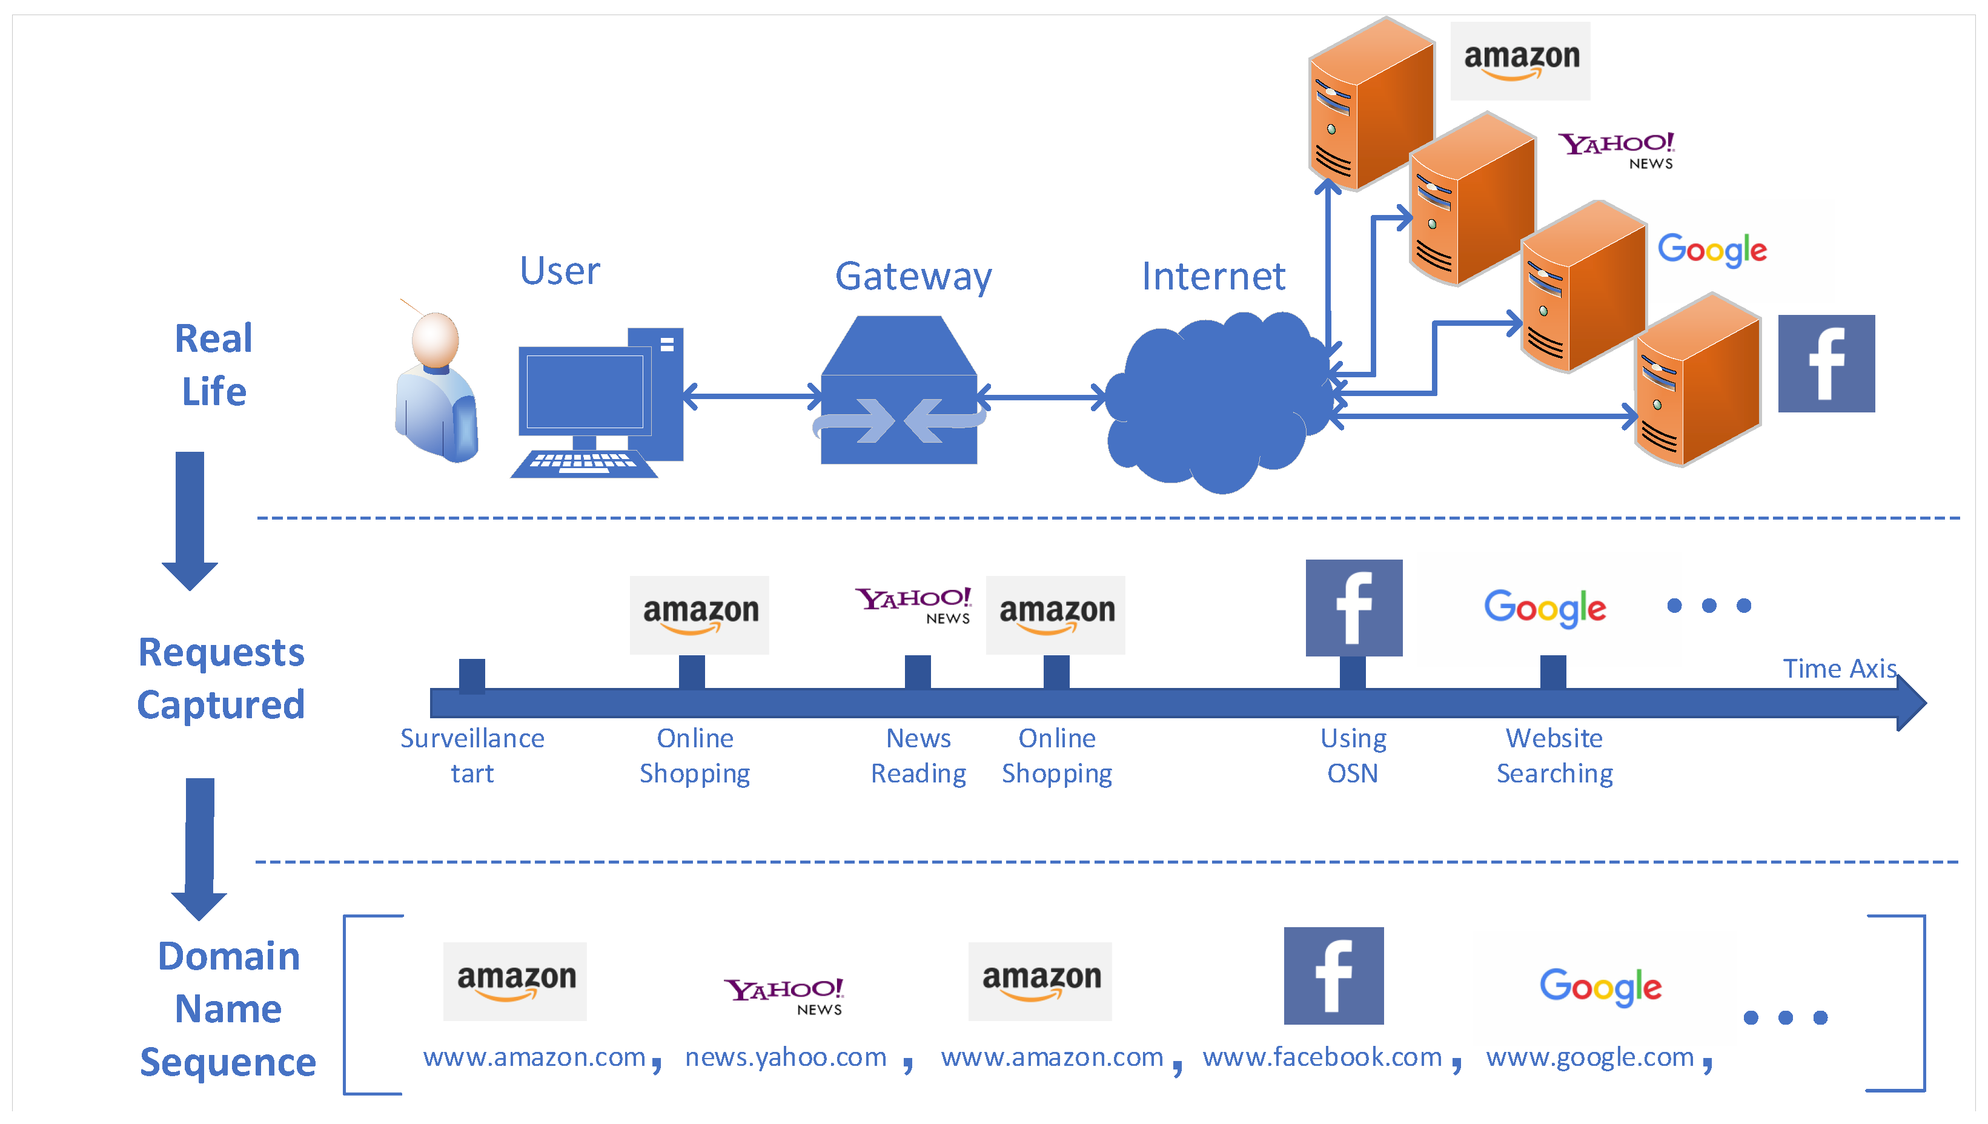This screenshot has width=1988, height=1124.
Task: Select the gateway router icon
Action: point(899,391)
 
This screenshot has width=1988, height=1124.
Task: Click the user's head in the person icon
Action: point(436,339)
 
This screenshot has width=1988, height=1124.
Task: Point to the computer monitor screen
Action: point(585,391)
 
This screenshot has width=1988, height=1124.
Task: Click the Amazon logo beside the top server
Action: point(1520,60)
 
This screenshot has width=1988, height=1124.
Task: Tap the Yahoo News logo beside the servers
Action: point(1617,150)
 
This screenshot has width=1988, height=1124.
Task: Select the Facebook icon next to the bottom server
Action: point(1826,363)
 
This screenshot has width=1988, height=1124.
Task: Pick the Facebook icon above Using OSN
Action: point(1353,608)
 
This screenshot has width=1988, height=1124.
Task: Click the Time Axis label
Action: point(1840,669)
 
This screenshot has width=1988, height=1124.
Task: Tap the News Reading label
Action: point(918,756)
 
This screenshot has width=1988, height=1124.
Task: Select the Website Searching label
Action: point(1555,756)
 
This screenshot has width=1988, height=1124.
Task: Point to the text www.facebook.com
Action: point(1322,1057)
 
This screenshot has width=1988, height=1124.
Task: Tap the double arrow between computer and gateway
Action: point(753,397)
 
